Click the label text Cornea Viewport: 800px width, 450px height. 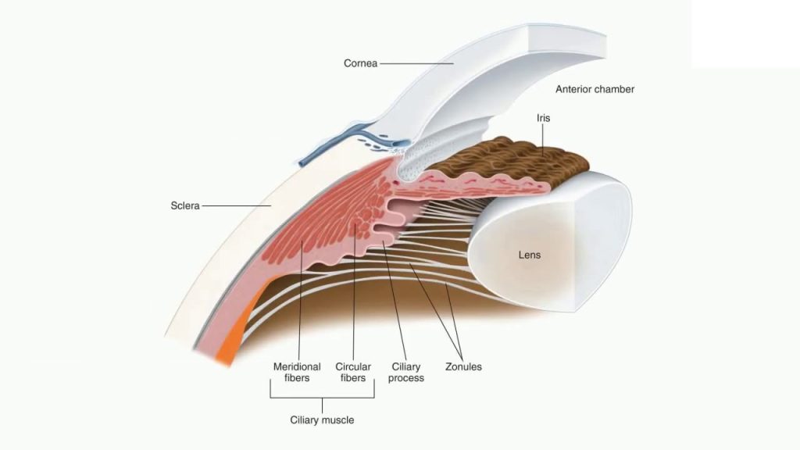[360, 63]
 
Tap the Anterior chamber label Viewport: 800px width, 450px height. [595, 89]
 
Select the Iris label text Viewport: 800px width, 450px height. [545, 117]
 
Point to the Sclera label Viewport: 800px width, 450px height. [185, 206]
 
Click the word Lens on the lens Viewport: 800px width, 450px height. [530, 255]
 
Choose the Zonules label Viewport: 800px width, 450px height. [463, 366]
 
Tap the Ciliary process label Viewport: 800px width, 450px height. [406, 372]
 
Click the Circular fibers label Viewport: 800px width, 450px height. [353, 372]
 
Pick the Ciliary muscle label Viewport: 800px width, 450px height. [322, 420]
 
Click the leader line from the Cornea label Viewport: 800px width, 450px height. [417, 63]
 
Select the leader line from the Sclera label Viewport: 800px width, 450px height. [234, 206]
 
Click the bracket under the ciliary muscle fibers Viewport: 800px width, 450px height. [322, 398]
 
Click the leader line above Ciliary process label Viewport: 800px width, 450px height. [396, 305]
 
